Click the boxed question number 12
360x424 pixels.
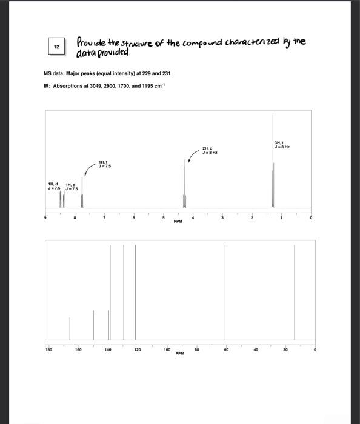pyautogui.click(x=56, y=47)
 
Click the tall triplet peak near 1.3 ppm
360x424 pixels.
pyautogui.click(x=273, y=164)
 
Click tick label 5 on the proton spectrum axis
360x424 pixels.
pyautogui.click(x=163, y=216)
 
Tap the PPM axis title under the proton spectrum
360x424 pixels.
pyautogui.click(x=178, y=222)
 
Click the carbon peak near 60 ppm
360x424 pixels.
pyautogui.click(x=225, y=291)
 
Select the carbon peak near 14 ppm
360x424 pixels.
pyautogui.click(x=295, y=291)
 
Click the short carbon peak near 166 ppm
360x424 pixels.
pyautogui.click(x=70, y=328)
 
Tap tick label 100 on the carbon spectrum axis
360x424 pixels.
pyautogui.click(x=167, y=349)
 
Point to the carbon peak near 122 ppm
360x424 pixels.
pyautogui.click(x=135, y=291)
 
